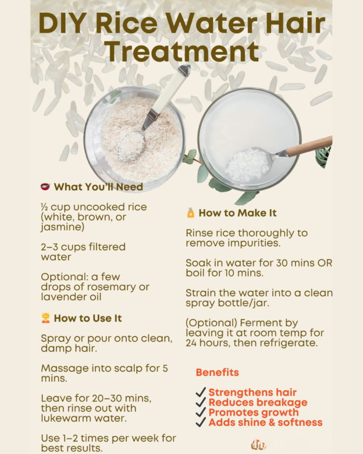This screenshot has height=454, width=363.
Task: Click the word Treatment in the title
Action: pos(182,51)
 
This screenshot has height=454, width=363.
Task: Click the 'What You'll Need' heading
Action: pos(98,187)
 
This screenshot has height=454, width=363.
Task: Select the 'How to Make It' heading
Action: pos(238,213)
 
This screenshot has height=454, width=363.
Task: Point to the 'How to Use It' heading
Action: pos(88,318)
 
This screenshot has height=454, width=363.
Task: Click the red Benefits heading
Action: pos(217,372)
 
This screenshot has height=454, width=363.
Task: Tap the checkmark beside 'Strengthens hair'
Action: pos(201,392)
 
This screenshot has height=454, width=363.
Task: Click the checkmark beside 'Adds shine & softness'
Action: pos(201,422)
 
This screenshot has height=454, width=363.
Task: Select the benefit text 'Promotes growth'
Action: pos(254,412)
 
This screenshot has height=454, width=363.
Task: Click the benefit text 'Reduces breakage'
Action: pos(258,403)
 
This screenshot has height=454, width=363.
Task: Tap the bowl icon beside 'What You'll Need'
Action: pos(46,187)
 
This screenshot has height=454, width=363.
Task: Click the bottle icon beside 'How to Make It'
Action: pos(191,213)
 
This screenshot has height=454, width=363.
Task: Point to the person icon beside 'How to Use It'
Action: pos(46,318)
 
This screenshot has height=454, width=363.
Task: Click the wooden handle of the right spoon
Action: pos(309,146)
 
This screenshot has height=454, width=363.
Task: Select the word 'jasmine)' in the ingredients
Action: pos(62,227)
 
